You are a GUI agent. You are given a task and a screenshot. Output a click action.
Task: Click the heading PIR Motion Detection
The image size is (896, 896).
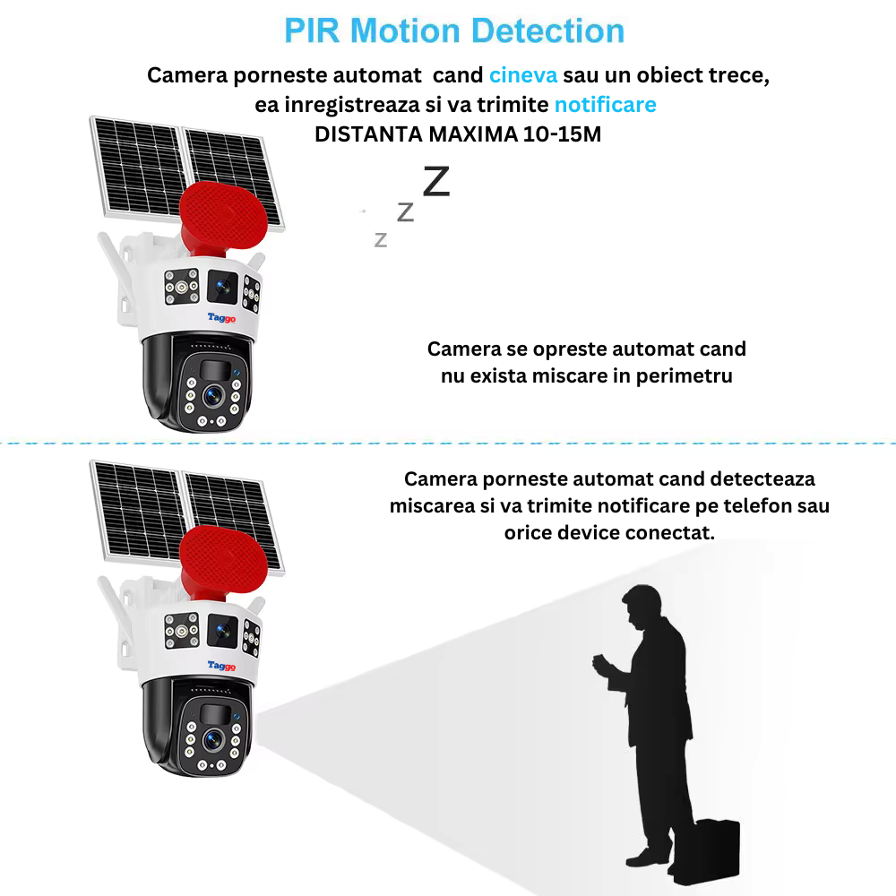point(453,30)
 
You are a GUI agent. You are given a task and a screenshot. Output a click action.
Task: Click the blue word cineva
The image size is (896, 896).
point(523,75)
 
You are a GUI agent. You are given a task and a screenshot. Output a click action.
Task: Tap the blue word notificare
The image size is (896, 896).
point(605,105)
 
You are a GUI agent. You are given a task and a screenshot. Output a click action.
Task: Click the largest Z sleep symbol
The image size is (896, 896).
point(435,181)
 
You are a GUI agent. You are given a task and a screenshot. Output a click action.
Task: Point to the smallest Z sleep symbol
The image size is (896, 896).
point(381,239)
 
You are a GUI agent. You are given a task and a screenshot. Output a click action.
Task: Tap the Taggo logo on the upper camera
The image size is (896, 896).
point(221,317)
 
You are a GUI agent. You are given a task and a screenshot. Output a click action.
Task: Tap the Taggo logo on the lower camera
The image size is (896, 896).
point(221,665)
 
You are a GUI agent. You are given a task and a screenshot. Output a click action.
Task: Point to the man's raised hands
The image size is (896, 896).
point(599,665)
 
